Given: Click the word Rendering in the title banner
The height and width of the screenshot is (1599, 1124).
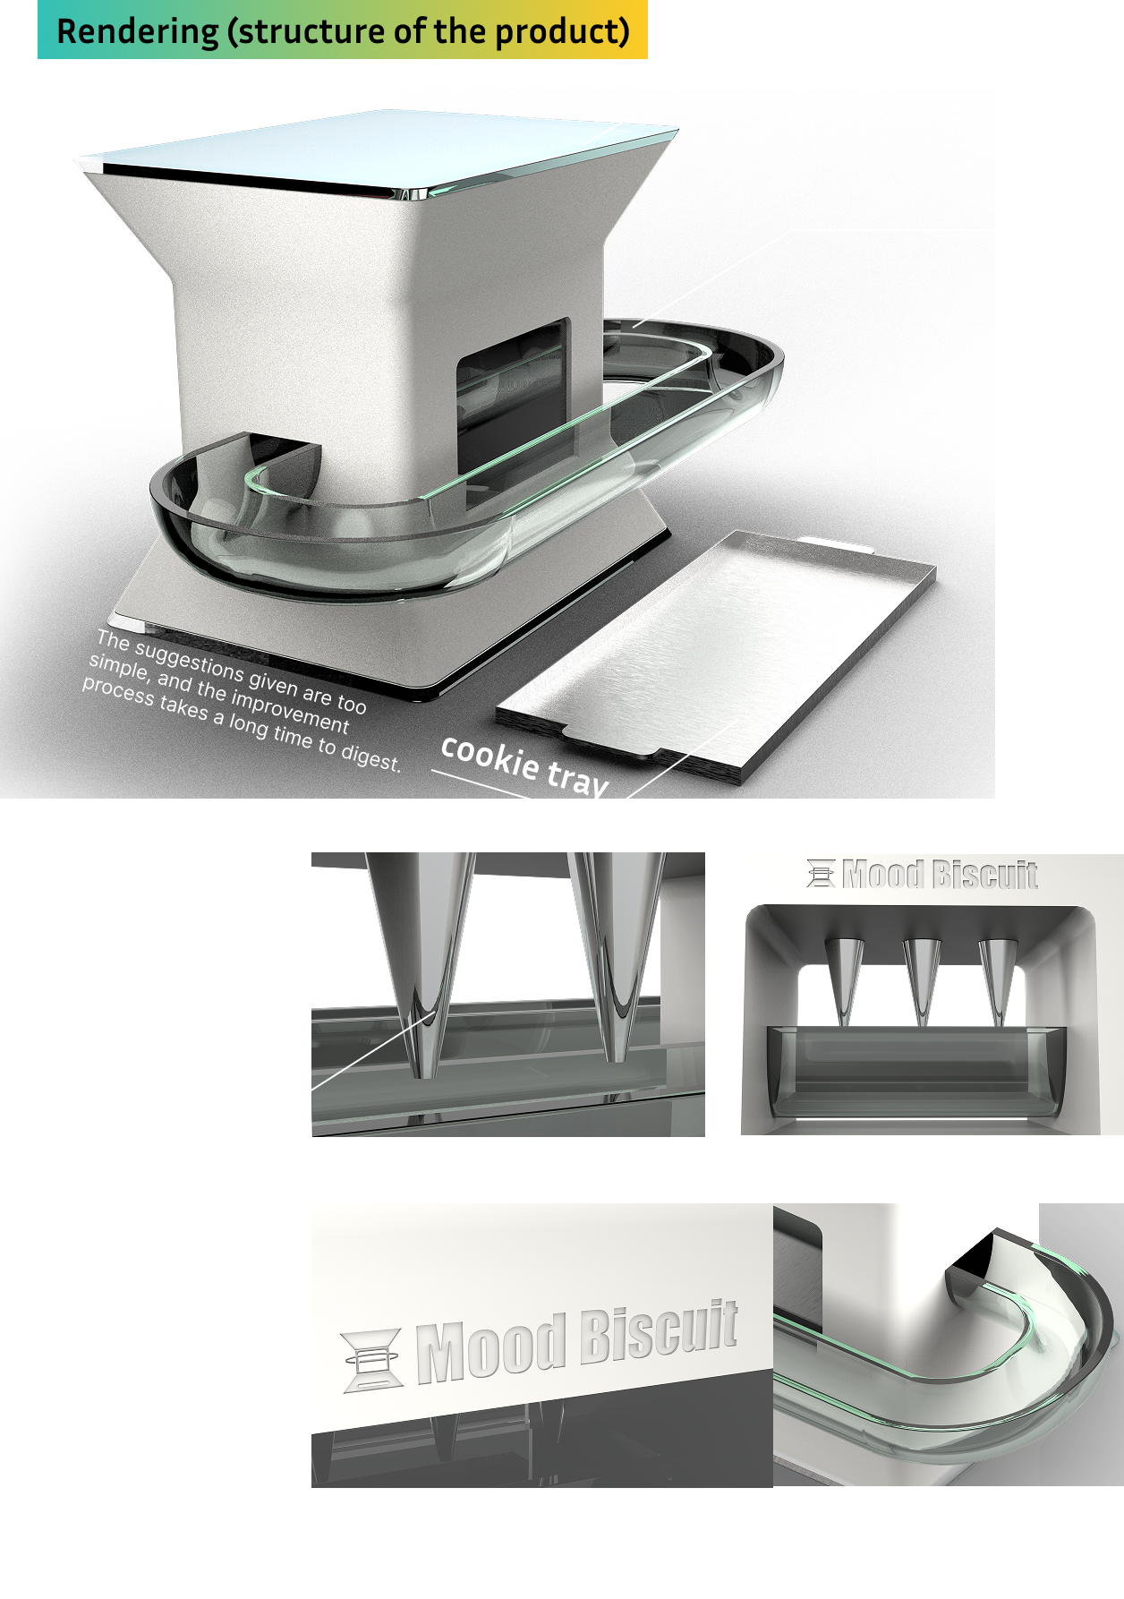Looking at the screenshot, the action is click(x=137, y=31).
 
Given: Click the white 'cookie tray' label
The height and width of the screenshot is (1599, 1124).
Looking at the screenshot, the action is click(x=525, y=765).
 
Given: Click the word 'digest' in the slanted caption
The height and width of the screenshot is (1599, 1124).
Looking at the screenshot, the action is click(x=370, y=757).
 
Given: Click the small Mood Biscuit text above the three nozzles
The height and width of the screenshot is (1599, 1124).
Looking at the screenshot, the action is click(x=940, y=874).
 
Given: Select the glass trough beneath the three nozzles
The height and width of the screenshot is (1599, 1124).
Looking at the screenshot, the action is click(x=916, y=1072).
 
